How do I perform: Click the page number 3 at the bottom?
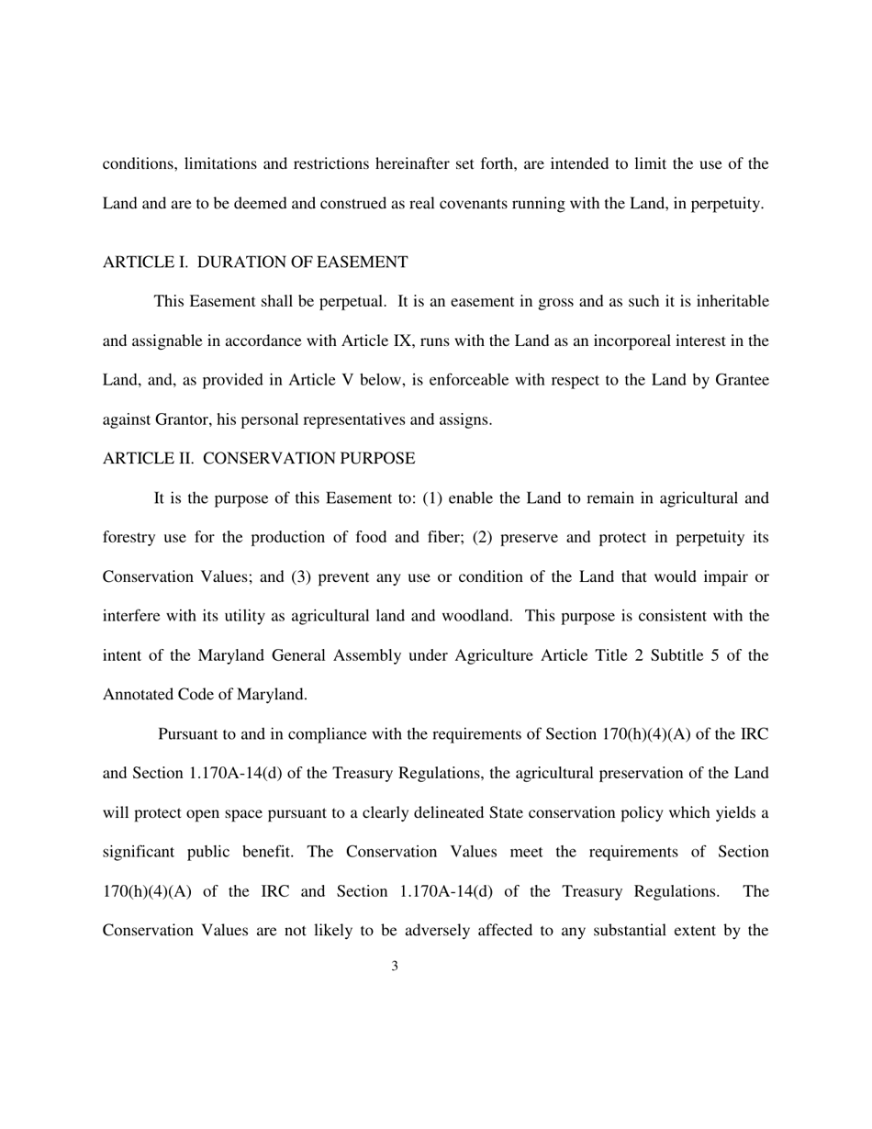coord(395,966)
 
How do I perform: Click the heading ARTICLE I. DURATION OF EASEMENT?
coord(255,263)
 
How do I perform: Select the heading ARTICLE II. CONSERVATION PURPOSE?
coord(258,458)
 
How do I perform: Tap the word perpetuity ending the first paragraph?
coord(726,204)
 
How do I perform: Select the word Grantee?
coord(741,381)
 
